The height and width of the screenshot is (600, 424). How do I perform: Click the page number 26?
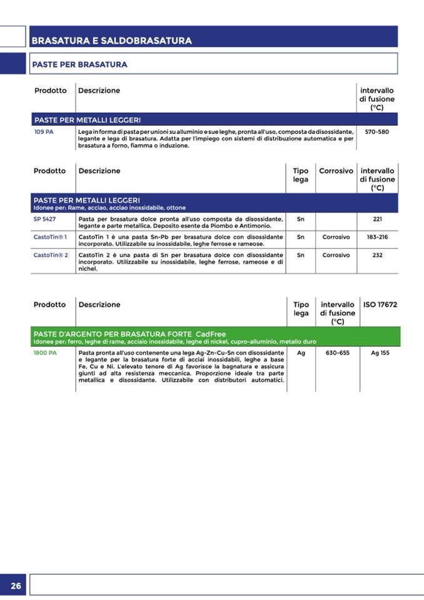(16, 586)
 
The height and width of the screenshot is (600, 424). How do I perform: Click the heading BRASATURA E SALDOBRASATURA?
(111, 41)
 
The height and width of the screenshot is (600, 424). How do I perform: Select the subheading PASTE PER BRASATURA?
(79, 64)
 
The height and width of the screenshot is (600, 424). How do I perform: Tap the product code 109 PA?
(44, 132)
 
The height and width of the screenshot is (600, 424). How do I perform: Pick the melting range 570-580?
(376, 132)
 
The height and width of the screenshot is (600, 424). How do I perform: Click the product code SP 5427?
(45, 219)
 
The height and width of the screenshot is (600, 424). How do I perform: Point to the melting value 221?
(377, 219)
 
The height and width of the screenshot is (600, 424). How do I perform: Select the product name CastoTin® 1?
(51, 237)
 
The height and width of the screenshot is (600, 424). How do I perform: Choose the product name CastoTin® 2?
(51, 255)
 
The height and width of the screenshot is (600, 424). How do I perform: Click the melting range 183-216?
(377, 237)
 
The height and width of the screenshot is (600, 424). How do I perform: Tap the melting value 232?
(377, 255)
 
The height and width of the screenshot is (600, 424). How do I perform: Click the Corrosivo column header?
(336, 171)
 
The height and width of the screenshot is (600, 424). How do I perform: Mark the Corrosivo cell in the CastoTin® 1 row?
(336, 237)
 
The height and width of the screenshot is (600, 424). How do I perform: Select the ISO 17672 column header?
(380, 305)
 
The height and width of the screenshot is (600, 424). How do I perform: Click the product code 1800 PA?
(45, 353)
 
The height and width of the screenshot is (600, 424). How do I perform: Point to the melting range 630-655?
(338, 353)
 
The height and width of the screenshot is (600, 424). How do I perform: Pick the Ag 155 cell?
(380, 353)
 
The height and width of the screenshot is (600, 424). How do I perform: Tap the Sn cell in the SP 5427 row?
(301, 219)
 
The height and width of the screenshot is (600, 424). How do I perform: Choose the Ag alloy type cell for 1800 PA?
(301, 353)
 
